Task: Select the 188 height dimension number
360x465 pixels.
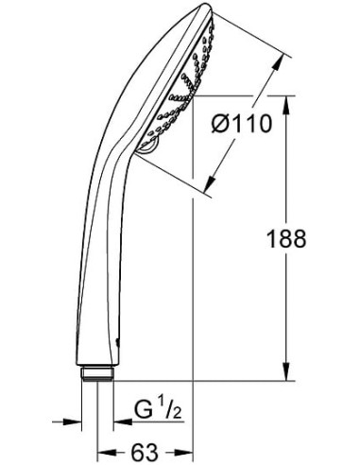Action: [286, 239]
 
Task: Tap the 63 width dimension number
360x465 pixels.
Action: [144, 451]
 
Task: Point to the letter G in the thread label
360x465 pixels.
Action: [142, 411]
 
